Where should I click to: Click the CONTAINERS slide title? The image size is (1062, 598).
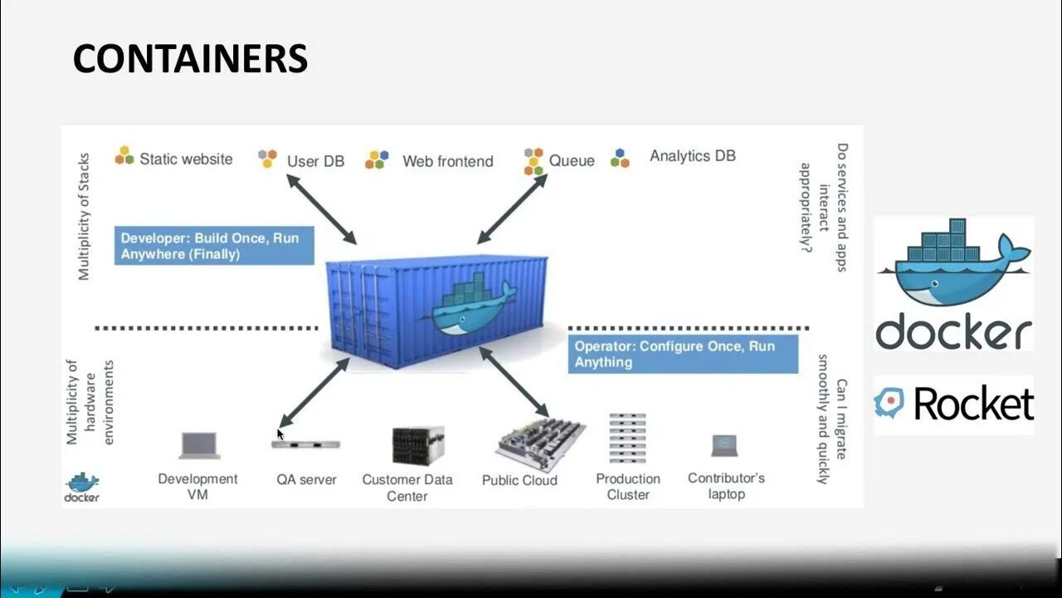pos(190,59)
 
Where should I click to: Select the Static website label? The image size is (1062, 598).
pos(186,159)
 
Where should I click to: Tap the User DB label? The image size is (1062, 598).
pos(315,161)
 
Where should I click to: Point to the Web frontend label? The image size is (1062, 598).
pos(447,161)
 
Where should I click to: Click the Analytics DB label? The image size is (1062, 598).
pos(692,155)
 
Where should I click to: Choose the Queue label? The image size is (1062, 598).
pos(572,160)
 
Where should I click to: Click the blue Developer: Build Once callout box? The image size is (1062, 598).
pos(214,246)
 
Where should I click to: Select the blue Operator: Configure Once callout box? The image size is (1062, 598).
pos(682,354)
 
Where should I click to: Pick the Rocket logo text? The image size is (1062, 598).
pos(972,404)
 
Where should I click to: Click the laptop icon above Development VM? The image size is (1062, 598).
pos(200,446)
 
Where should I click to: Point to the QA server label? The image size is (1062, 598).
pos(306,479)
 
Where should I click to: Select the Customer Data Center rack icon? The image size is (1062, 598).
pos(417,446)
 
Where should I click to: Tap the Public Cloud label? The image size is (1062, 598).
pos(519,480)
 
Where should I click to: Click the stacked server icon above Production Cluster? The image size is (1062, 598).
pos(627,439)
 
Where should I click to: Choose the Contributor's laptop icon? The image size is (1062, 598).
pos(725,446)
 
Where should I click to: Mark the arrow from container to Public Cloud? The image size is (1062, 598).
pos(514,381)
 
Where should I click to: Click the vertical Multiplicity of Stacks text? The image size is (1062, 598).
pos(84,216)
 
